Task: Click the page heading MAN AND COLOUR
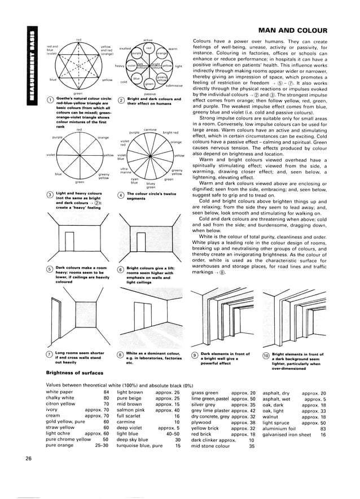pos(309,30)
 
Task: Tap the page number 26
pos(28,457)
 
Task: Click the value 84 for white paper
pos(106,392)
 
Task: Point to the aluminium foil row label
pos(281,428)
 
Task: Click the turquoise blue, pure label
pos(139,445)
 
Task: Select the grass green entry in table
pos(205,392)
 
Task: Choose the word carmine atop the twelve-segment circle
pos(150,130)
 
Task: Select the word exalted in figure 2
pos(125,49)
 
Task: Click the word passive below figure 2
pos(150,93)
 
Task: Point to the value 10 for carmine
pos(177,422)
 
